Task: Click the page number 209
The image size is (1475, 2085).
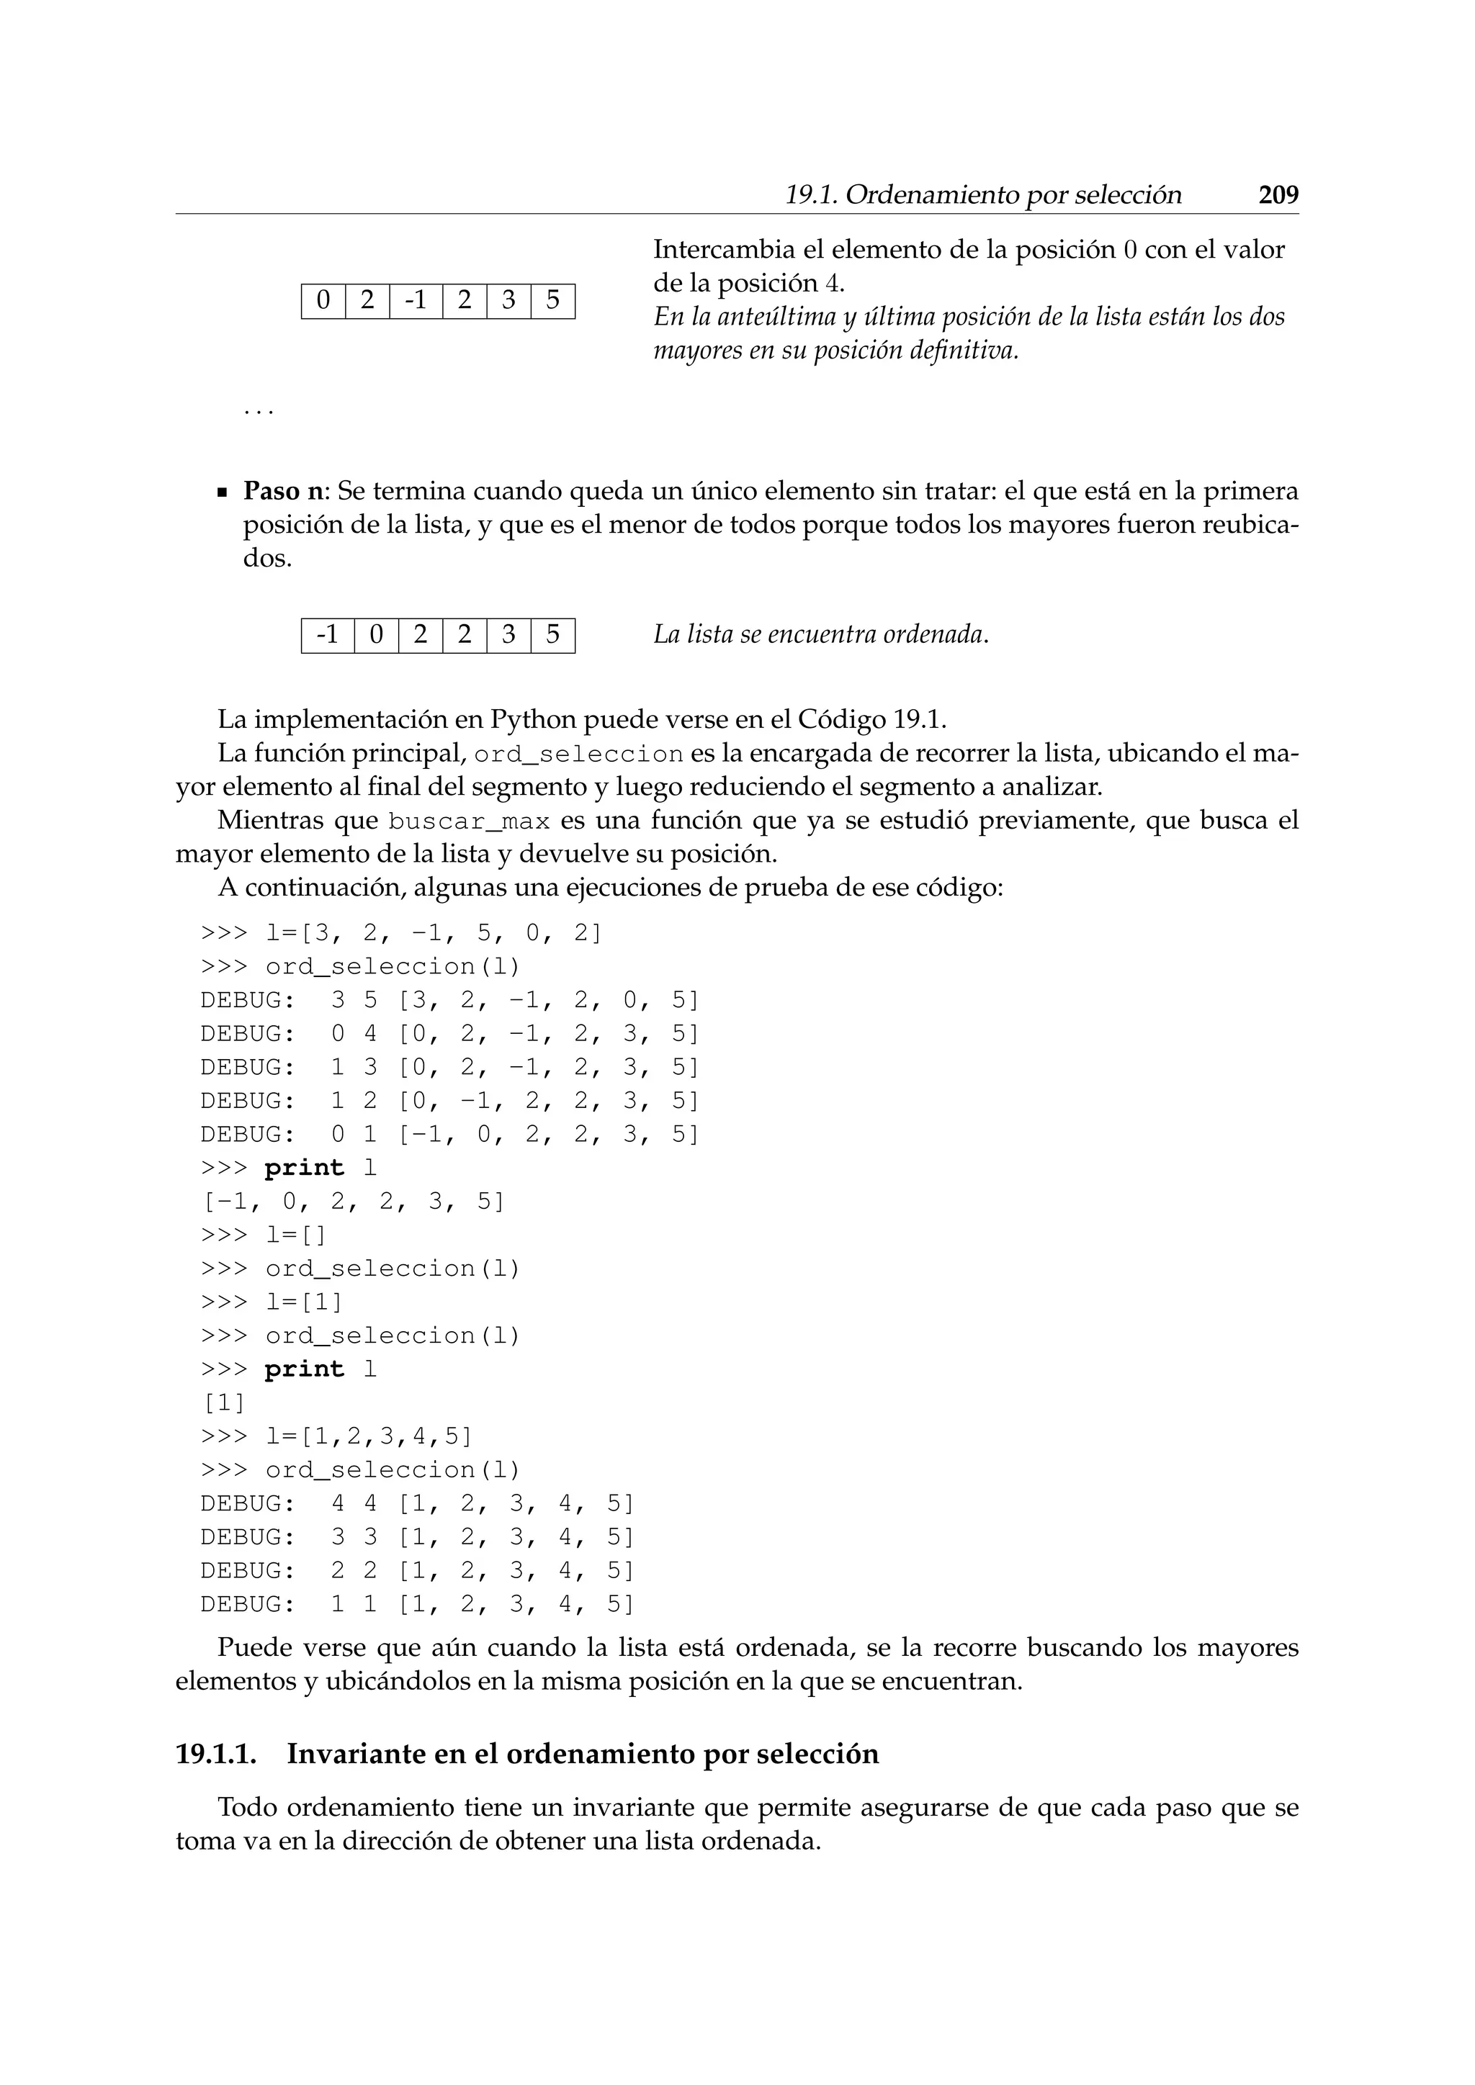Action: tap(1278, 195)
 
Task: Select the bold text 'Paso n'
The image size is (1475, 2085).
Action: tap(283, 491)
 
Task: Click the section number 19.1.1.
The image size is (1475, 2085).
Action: tap(216, 1754)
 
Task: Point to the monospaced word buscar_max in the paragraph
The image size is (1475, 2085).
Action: tap(469, 821)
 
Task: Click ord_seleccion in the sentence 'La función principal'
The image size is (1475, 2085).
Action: tap(578, 755)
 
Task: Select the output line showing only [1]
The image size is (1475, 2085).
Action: tap(223, 1403)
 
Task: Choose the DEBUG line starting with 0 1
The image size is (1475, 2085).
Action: tap(449, 1134)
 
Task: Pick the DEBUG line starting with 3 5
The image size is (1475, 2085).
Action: tap(449, 1000)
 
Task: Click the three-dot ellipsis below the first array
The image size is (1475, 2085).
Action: tap(259, 411)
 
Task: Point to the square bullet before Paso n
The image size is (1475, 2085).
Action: tap(222, 494)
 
